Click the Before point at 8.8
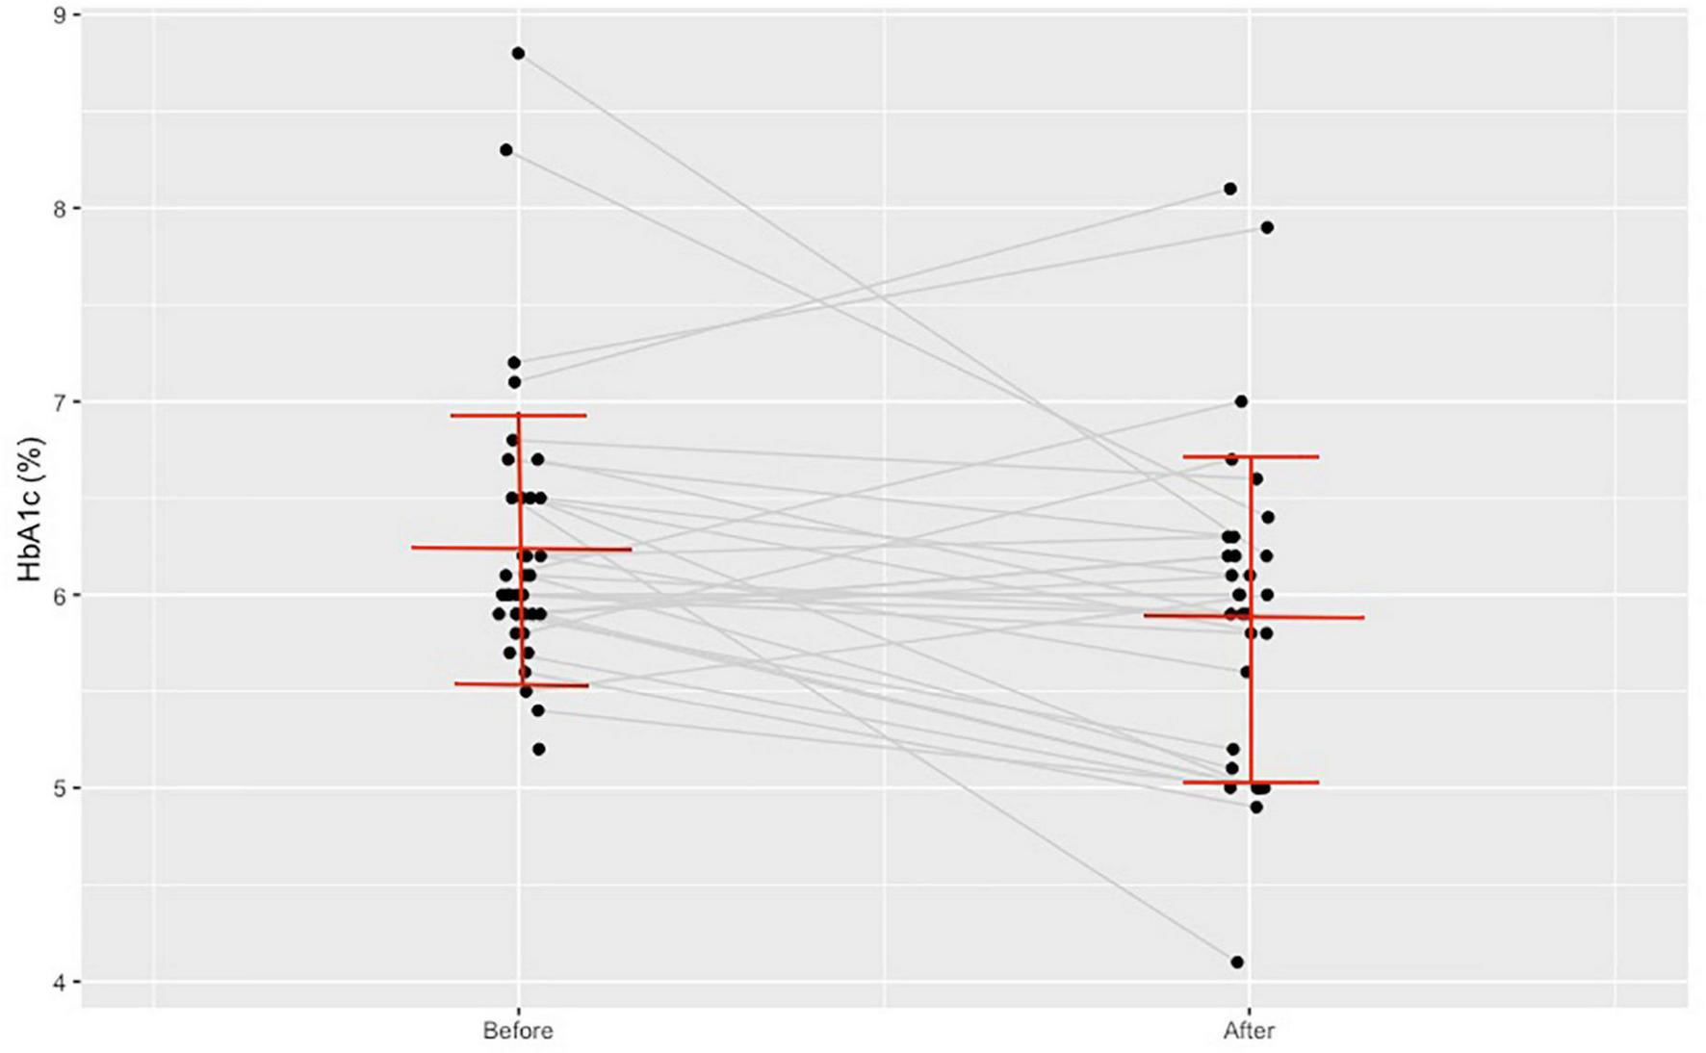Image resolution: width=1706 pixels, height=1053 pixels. coord(518,53)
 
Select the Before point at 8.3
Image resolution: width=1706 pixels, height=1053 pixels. coord(506,150)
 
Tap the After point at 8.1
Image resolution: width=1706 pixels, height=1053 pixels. coord(1230,189)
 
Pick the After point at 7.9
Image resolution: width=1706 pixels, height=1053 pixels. coord(1267,227)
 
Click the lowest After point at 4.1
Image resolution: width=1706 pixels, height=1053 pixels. coord(1237,962)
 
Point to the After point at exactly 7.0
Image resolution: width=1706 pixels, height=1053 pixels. coord(1241,401)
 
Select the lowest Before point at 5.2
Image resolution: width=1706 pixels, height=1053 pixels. coord(538,749)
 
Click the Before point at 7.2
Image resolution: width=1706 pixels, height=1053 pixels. coord(514,363)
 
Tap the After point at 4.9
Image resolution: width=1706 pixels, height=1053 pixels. coord(1255,807)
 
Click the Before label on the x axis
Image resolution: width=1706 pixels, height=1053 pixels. coord(518,1031)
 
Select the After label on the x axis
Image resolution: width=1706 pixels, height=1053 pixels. coord(1249,1031)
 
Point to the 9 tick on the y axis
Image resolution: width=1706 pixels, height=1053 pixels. coord(60,15)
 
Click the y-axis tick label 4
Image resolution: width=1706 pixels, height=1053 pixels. coord(60,982)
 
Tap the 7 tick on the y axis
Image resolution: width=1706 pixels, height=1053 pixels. coord(60,401)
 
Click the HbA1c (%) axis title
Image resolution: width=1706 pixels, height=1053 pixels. coord(31,509)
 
